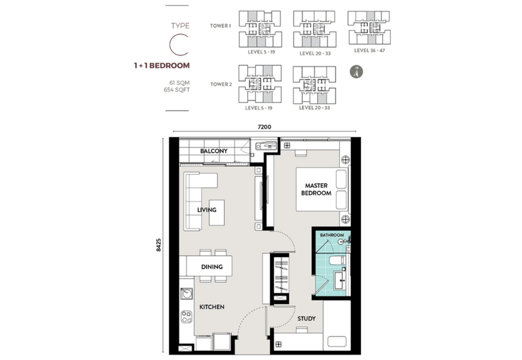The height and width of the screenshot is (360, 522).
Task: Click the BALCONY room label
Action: [214, 151]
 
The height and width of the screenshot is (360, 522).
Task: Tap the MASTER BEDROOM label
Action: [316, 189]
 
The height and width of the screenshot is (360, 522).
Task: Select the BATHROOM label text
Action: [332, 235]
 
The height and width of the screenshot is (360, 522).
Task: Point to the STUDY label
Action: [307, 319]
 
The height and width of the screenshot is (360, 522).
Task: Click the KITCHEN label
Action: [211, 307]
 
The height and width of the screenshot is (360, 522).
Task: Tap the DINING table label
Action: [211, 267]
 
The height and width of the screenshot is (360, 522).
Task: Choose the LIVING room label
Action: [207, 210]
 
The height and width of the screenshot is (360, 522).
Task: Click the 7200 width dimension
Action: [264, 127]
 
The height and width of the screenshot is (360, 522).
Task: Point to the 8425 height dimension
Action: [159, 245]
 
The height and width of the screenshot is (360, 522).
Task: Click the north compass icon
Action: [356, 72]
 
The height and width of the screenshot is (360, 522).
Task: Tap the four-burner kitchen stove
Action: [187, 317]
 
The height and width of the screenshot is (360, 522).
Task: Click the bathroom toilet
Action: [337, 261]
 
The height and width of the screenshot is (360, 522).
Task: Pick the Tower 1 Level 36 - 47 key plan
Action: [369, 28]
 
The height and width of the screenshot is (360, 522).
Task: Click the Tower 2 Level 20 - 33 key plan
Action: [315, 85]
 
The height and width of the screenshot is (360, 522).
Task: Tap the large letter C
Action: [179, 44]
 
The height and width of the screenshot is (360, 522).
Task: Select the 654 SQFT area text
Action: [177, 90]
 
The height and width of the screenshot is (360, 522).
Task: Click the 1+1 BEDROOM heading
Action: [162, 66]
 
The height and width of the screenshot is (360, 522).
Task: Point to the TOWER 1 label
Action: [221, 25]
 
